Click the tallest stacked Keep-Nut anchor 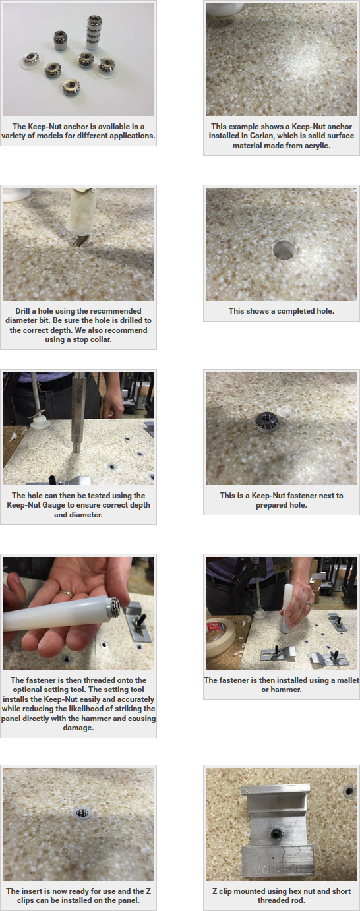[x=94, y=34]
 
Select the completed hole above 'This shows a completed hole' [x=284, y=250]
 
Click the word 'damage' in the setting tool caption [x=78, y=728]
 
